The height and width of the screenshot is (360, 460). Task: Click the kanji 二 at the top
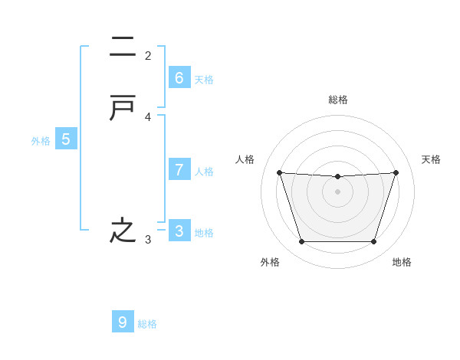[x=123, y=47]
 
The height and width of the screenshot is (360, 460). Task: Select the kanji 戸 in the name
[x=123, y=110]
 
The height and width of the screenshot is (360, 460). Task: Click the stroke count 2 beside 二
[x=148, y=55]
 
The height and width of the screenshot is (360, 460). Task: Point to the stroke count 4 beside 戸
[x=148, y=117]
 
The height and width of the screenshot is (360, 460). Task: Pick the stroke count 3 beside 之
[x=148, y=240]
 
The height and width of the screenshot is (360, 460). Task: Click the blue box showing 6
[x=179, y=77]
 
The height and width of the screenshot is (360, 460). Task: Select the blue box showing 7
[x=179, y=169]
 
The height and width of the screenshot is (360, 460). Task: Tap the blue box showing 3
[x=179, y=231]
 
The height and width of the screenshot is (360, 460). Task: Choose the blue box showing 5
[x=66, y=139]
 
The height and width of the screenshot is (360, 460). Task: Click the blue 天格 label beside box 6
[x=204, y=80]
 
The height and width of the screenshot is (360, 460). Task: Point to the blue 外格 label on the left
[x=41, y=141]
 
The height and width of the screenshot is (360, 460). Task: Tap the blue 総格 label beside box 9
[x=148, y=324]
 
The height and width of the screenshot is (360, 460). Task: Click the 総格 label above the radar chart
[x=337, y=100]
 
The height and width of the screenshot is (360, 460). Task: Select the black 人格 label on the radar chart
[x=245, y=159]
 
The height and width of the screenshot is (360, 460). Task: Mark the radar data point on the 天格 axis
[x=396, y=172]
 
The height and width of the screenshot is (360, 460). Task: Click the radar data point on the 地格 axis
[x=373, y=242]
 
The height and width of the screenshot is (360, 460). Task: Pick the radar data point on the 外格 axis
[x=301, y=242]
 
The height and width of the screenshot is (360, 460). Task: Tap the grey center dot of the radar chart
[x=337, y=191]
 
